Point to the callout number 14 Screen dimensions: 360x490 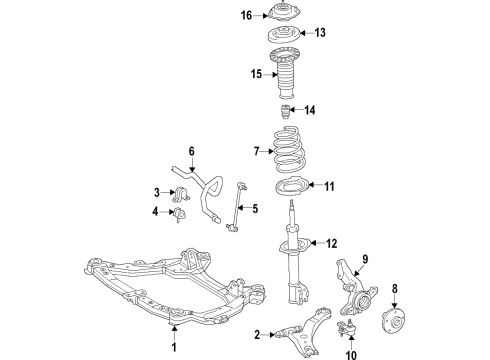309,110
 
